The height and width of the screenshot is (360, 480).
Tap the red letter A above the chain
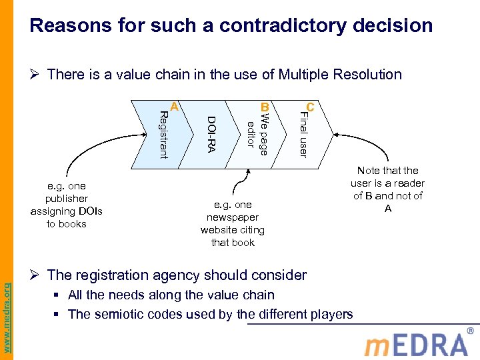point(173,106)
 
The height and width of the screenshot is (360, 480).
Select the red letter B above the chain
point(264,107)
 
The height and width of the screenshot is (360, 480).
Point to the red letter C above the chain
point(309,107)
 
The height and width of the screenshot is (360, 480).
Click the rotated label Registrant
point(161,135)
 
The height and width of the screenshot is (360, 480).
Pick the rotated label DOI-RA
point(211,134)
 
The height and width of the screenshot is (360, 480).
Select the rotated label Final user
point(303,135)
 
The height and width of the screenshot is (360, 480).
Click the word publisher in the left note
point(67,199)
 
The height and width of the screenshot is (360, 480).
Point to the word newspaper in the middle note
point(233,217)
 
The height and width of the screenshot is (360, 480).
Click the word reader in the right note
point(407,183)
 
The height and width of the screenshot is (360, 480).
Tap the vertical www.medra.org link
point(7,308)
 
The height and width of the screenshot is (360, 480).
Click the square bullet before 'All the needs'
point(59,295)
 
